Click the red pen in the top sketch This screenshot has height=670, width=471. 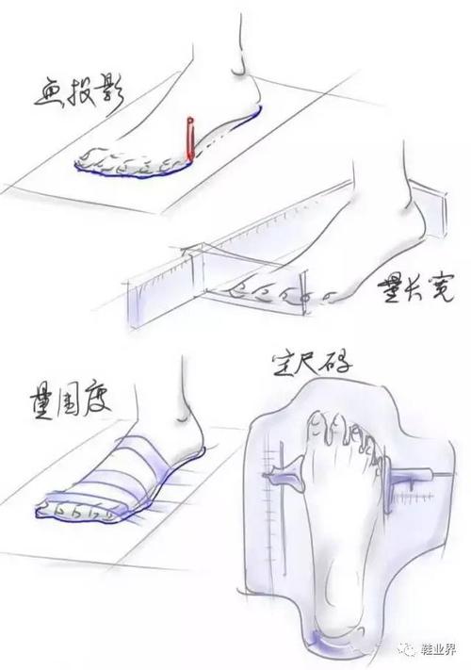coord(189,139)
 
